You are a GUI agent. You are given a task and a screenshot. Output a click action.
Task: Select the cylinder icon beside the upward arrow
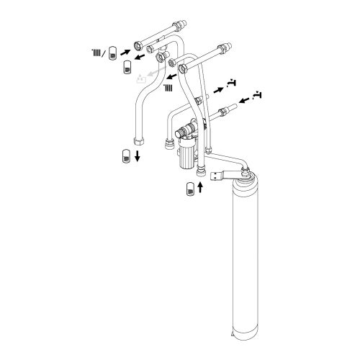click(189, 189)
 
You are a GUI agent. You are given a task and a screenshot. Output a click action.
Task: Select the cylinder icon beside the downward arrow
click(125, 156)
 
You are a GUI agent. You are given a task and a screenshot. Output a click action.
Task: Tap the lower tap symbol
click(258, 94)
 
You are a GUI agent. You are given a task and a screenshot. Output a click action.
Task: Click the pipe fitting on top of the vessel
click(247, 173)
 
